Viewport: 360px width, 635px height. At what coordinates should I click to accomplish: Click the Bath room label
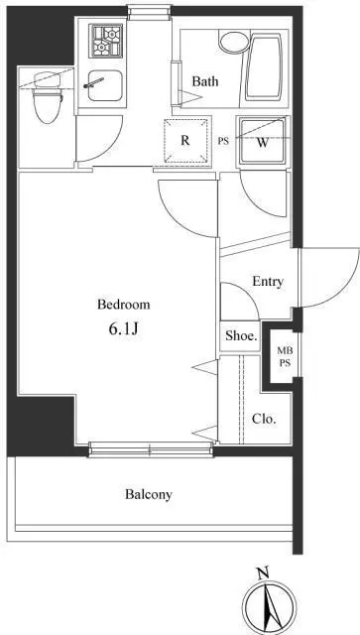point(205,81)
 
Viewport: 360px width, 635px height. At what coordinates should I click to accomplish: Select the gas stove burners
point(106,41)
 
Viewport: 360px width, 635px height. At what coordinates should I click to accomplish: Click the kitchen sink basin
point(105,85)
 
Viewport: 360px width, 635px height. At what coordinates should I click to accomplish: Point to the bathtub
point(264,66)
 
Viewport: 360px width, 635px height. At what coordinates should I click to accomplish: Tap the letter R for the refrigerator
point(185,141)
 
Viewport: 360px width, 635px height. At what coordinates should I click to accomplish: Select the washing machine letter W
point(263,143)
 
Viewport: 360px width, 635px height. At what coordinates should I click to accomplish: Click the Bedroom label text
point(124,305)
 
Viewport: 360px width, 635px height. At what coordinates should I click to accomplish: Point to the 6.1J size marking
point(124,328)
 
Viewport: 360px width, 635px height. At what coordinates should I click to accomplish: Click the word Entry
point(268,282)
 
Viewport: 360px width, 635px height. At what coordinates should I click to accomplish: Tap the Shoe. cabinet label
point(242,335)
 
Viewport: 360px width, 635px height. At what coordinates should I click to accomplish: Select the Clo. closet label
point(264,419)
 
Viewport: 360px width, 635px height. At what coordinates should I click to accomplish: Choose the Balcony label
point(149,494)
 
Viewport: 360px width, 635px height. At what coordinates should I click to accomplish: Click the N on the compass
point(263,573)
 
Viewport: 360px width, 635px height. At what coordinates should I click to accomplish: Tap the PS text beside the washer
point(223,142)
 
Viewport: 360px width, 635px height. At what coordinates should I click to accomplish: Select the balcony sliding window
point(151,449)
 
